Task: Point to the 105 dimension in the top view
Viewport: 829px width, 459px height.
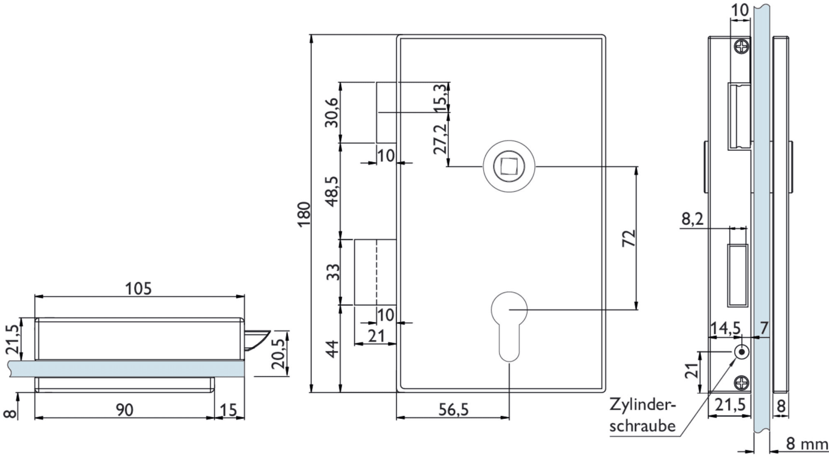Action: [139, 288]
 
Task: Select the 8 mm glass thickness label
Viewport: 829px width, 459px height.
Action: [807, 444]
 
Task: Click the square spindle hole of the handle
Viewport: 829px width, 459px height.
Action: [509, 166]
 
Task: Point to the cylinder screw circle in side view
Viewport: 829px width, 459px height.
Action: [742, 352]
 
